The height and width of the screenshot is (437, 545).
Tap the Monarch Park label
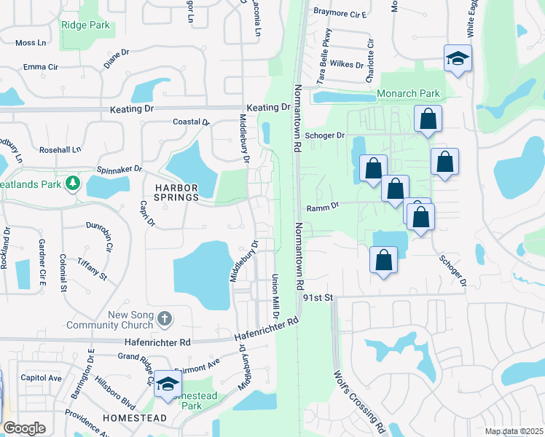point(408,94)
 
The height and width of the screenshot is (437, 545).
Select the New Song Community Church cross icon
point(165,318)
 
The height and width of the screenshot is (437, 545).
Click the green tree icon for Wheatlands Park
point(72,181)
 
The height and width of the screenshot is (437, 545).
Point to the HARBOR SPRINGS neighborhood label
point(166,192)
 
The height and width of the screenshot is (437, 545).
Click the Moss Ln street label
point(30,43)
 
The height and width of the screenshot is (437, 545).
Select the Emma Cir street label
point(40,67)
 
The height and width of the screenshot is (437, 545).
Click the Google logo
point(25,428)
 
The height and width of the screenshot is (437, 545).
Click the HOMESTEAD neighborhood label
point(134,418)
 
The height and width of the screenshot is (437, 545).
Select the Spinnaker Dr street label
point(119,169)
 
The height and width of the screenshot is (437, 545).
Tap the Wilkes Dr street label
point(346,64)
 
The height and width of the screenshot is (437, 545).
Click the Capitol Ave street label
point(42,378)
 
